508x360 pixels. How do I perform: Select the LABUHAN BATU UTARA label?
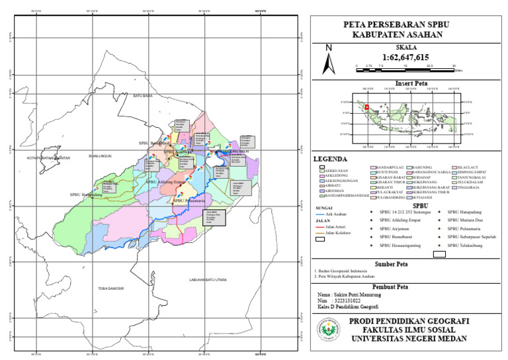point(208,280)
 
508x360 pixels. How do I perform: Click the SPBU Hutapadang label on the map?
point(87,195)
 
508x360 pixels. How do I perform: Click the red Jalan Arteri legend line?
point(320,228)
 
